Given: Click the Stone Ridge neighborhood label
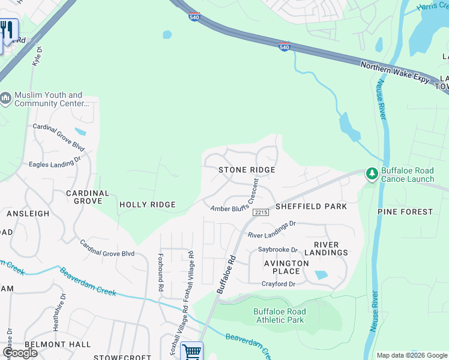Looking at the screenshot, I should click(x=247, y=170).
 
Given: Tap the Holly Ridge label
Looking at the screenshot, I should click(x=147, y=205).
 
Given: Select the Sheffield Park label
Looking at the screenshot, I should click(x=311, y=206).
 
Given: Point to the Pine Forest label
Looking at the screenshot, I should click(x=405, y=212).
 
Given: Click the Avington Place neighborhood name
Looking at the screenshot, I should click(x=287, y=267).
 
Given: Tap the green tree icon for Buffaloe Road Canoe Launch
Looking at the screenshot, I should click(x=372, y=174).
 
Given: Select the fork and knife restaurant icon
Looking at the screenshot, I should click(x=7, y=29).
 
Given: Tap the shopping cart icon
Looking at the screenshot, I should click(x=191, y=351).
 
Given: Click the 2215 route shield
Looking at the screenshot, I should click(x=260, y=212).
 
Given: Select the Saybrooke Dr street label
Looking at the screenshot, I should click(x=278, y=250).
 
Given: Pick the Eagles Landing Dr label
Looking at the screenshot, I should click(x=55, y=162).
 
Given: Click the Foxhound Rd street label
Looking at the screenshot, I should click(x=161, y=272).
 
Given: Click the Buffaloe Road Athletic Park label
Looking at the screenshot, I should click(x=279, y=316).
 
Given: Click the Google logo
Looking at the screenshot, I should click(x=20, y=352).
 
